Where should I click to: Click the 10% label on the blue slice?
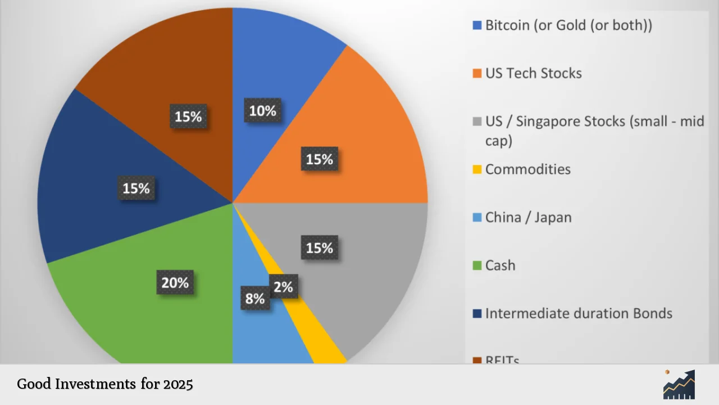coord(263,111)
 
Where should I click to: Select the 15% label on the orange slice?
coord(320,160)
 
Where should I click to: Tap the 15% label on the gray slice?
coord(320,247)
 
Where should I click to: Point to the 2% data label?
coord(283,287)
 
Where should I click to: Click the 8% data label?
coord(255,298)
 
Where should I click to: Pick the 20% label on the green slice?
coord(175,282)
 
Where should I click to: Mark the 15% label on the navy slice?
coord(136,188)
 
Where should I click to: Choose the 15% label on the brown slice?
coord(188,116)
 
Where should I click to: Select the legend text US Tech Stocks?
coord(533,73)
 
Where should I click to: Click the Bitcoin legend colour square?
coord(477,25)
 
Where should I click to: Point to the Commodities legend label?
coord(527,169)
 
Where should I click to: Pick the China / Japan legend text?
coord(528,217)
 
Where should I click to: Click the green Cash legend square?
coord(477,265)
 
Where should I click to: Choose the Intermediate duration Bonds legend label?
coord(579,313)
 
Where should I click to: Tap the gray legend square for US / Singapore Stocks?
coord(477,121)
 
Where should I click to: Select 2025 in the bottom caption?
coord(178,384)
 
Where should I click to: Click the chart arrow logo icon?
coord(679,384)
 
